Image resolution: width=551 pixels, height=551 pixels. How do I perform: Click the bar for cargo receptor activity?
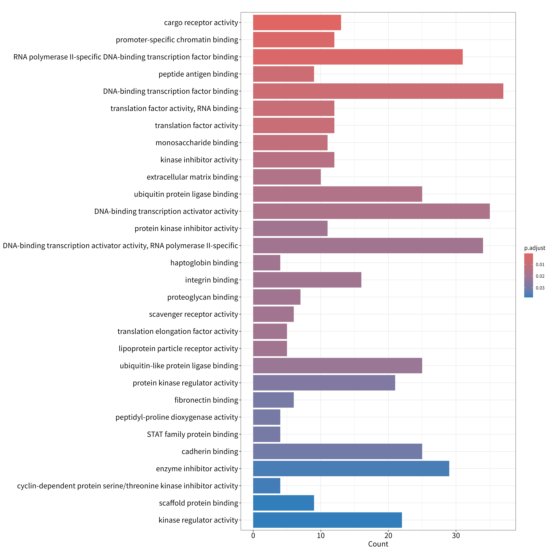(x=297, y=22)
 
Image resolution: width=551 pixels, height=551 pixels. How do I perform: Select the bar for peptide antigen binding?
(x=283, y=74)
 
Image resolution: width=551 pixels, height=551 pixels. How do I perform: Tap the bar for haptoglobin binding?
(x=267, y=263)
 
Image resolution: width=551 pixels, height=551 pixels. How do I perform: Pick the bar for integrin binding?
(x=307, y=280)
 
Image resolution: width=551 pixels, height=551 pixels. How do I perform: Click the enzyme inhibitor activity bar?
(x=351, y=469)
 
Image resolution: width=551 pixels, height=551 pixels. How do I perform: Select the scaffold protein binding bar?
(x=283, y=503)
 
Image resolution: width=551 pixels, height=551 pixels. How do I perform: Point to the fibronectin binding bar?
(x=273, y=400)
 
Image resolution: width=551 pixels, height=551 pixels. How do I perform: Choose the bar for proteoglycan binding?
(x=277, y=297)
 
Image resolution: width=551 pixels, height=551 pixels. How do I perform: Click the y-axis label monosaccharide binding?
(x=197, y=143)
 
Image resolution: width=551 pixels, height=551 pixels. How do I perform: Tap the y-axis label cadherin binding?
(x=210, y=451)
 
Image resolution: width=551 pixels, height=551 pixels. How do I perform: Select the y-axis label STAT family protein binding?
(x=192, y=434)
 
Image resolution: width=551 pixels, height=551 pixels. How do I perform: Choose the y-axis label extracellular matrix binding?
(x=192, y=177)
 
